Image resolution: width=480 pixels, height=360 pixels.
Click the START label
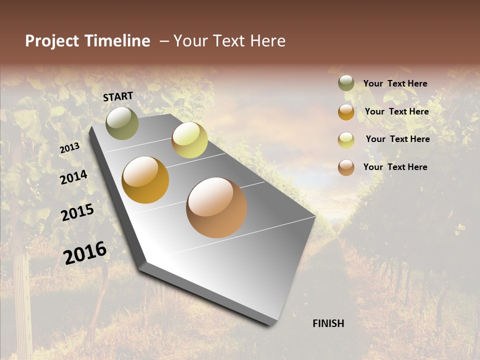(x=118, y=96)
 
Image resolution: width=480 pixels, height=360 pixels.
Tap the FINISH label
(x=328, y=323)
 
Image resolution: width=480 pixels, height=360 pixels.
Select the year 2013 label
(x=69, y=148)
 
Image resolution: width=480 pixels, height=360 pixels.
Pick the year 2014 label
(x=73, y=177)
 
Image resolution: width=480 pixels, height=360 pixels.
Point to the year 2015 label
(x=77, y=212)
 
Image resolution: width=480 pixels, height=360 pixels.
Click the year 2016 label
(x=85, y=253)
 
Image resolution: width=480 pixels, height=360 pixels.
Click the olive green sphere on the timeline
(x=122, y=123)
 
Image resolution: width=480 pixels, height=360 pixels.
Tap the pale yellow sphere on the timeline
(x=189, y=140)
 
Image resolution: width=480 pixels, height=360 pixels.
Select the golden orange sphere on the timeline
(x=145, y=180)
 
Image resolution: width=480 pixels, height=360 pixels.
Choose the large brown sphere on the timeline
(x=216, y=207)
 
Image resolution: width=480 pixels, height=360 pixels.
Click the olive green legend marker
(x=346, y=83)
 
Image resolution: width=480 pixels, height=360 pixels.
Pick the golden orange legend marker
(x=346, y=112)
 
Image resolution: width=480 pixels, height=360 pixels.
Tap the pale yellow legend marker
(x=346, y=139)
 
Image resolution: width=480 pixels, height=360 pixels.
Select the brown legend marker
(x=346, y=167)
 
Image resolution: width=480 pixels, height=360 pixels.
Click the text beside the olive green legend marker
(x=395, y=83)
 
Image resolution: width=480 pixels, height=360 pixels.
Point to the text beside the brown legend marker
(x=395, y=167)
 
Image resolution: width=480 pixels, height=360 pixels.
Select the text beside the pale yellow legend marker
(x=397, y=139)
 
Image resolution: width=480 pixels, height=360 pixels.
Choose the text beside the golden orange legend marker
(x=396, y=111)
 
